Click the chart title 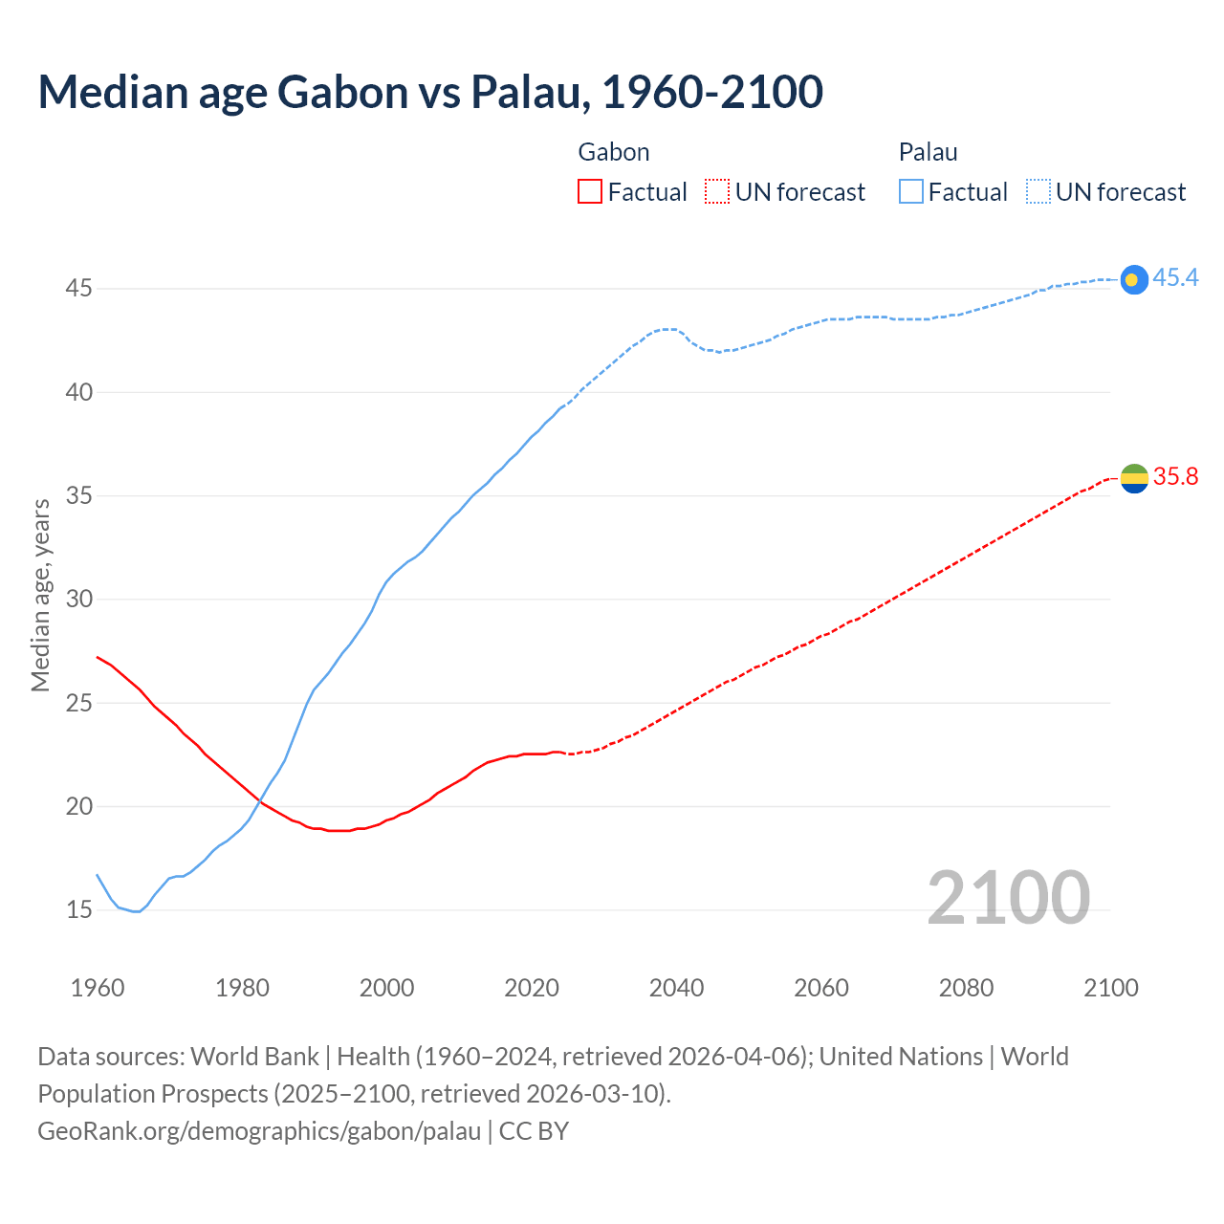[x=430, y=92]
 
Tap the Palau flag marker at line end [x=1133, y=279]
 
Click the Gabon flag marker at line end [x=1133, y=477]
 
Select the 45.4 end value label [x=1175, y=277]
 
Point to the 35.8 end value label [x=1175, y=476]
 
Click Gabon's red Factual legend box [x=590, y=191]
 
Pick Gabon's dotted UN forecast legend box [x=717, y=191]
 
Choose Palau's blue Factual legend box [x=910, y=191]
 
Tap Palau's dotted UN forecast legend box [x=1038, y=191]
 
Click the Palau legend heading [x=928, y=152]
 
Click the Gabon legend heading [x=614, y=152]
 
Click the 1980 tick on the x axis [x=242, y=987]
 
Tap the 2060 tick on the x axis [x=821, y=987]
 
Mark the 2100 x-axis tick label [x=1111, y=987]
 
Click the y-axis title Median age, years [x=40, y=595]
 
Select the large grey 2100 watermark [x=1008, y=897]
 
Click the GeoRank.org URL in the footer [x=259, y=1130]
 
